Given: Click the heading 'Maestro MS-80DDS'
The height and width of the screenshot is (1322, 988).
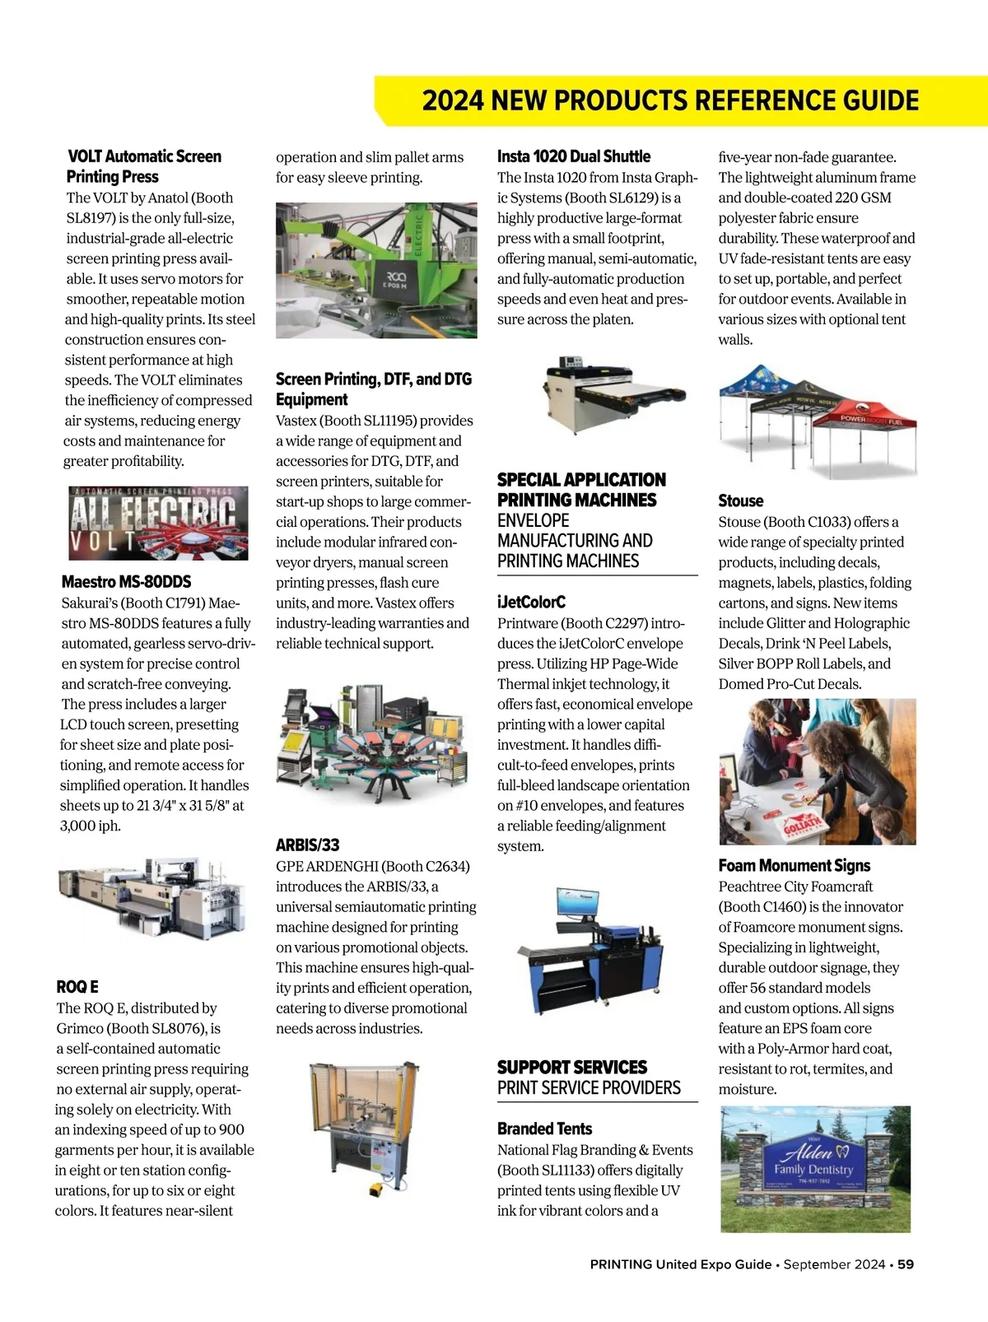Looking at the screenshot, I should [x=126, y=582].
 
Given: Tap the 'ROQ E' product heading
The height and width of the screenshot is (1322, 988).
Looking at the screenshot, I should [x=77, y=986].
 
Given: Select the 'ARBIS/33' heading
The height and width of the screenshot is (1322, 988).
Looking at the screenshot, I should [x=307, y=845].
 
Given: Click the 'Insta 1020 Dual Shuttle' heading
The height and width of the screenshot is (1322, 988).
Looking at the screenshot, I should [x=573, y=156].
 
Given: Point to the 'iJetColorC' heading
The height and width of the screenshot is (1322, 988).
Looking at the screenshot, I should [x=531, y=603].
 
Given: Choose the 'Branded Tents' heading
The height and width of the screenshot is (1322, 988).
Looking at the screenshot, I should [x=544, y=1129].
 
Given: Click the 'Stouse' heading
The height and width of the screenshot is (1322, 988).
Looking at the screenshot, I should [x=740, y=501].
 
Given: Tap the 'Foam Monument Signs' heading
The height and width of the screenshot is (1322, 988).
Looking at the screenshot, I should [x=794, y=866].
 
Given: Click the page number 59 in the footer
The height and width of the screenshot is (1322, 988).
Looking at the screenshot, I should [x=906, y=1264].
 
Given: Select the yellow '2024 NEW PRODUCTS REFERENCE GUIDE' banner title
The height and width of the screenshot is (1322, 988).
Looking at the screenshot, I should [x=670, y=101].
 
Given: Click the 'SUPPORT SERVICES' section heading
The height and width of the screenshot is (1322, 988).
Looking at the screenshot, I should [x=571, y=1068].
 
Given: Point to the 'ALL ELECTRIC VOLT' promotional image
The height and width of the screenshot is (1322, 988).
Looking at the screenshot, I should [x=158, y=523].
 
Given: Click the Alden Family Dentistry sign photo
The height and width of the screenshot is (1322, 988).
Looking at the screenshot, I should [x=815, y=1169].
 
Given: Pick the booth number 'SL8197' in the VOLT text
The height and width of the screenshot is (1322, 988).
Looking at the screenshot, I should [x=93, y=218].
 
